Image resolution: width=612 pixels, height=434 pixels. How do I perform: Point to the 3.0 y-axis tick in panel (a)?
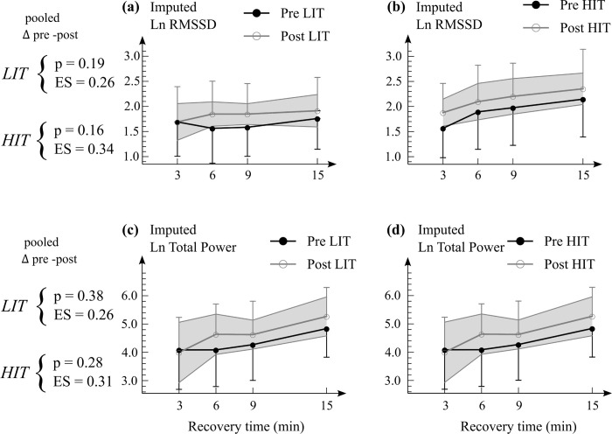point(131,56)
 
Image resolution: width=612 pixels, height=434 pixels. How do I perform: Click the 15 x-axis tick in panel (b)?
point(583,175)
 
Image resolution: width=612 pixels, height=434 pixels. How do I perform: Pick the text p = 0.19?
point(80,64)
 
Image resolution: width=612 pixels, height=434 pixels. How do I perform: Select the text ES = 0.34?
point(84,149)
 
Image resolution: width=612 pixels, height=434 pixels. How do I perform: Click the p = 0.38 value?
point(79,297)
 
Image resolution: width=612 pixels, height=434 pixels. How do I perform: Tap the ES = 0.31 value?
point(82,381)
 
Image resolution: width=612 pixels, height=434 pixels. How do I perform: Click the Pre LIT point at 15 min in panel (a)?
point(317,119)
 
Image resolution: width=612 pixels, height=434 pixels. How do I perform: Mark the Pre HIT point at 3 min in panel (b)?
point(443,129)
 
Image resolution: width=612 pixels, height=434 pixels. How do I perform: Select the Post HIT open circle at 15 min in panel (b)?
point(583,89)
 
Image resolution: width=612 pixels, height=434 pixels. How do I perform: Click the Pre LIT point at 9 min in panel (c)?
point(253,345)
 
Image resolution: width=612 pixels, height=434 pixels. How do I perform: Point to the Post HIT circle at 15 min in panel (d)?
point(592,317)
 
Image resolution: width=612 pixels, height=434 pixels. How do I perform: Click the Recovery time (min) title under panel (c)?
point(246,426)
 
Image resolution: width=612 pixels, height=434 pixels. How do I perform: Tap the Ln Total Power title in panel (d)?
point(462,248)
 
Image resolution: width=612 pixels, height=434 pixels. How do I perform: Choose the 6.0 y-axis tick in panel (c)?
point(131,296)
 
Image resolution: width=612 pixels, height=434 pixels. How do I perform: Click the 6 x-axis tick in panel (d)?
point(482,406)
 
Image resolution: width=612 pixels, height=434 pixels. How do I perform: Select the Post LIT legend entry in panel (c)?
point(313,264)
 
